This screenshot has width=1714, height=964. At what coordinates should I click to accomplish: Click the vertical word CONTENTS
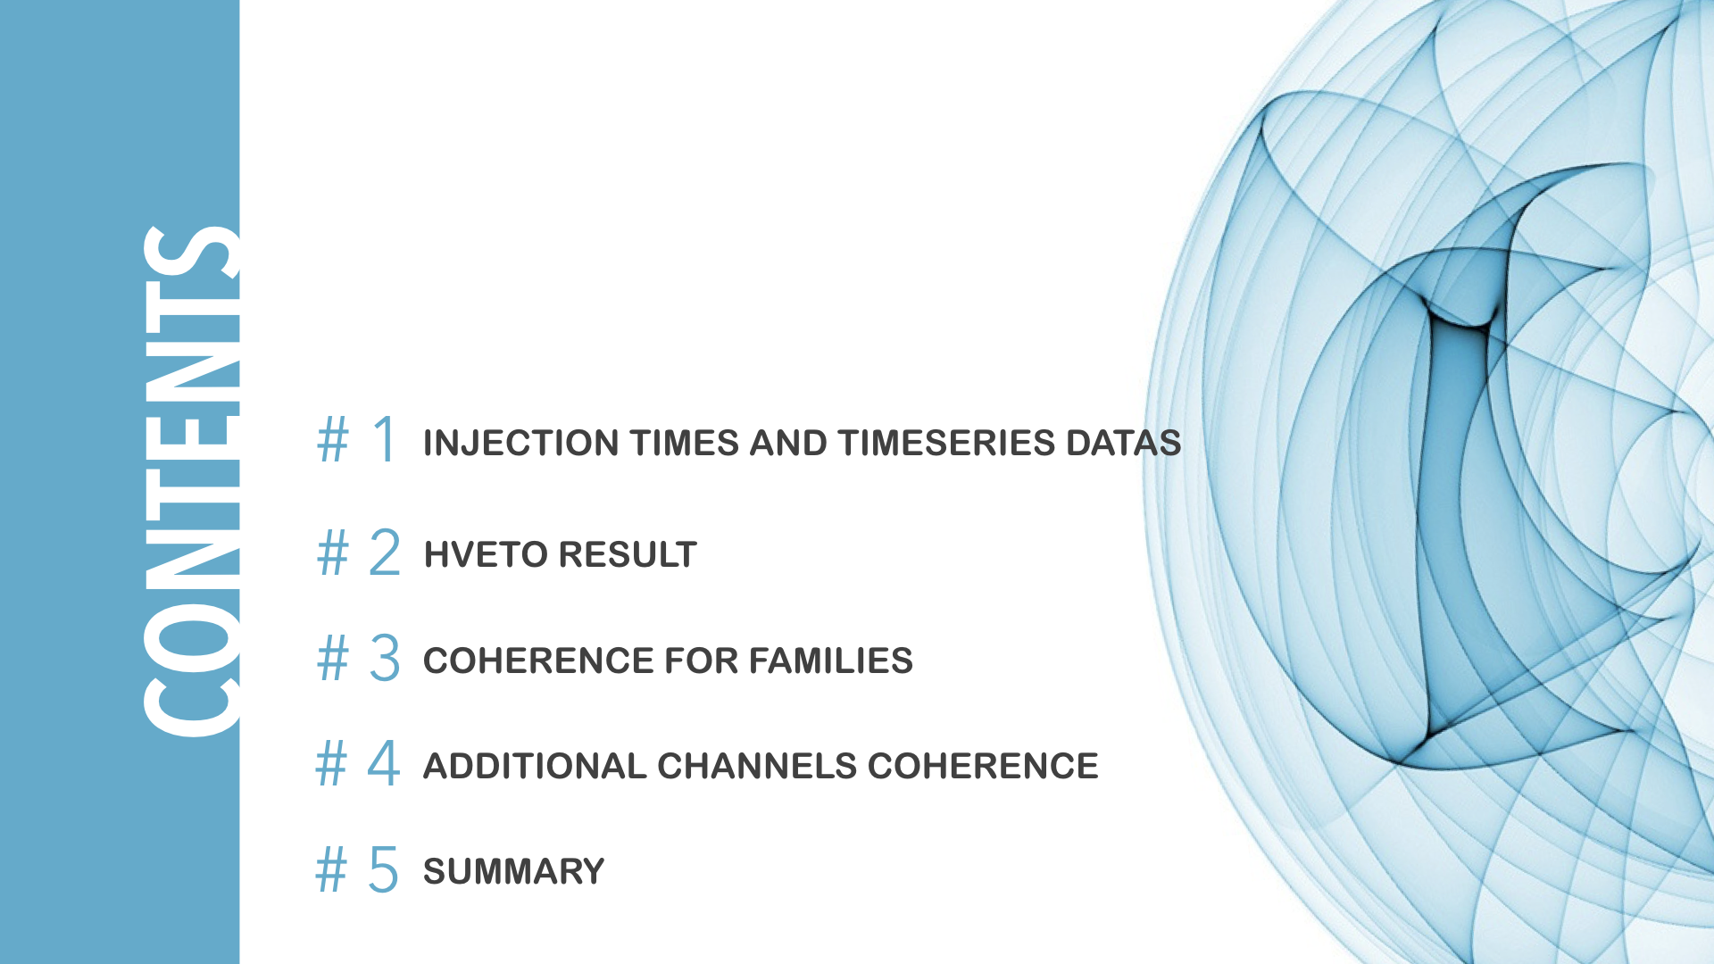click(191, 482)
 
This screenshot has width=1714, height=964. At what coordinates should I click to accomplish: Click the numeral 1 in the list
click(386, 439)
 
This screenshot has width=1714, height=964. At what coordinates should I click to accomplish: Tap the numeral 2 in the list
click(385, 552)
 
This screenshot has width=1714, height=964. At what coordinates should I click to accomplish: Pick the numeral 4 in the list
click(384, 763)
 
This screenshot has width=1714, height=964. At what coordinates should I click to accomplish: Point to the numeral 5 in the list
click(384, 869)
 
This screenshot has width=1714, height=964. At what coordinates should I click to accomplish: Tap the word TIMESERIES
click(947, 444)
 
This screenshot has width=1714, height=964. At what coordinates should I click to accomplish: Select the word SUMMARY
click(514, 872)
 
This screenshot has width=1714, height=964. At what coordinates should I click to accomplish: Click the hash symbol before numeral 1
click(333, 440)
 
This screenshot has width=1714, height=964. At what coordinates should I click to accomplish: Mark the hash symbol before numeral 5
click(331, 869)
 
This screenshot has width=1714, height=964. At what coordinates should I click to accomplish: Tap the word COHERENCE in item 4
click(983, 767)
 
